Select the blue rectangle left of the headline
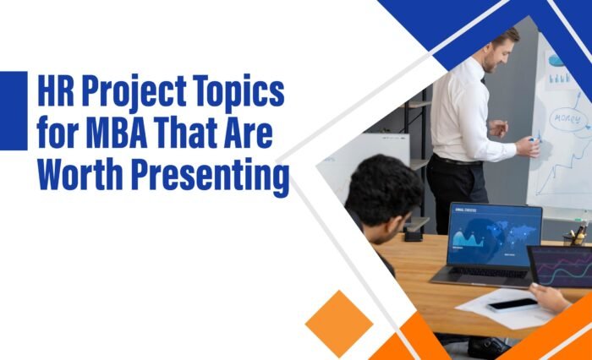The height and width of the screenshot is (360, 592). pos(13,111)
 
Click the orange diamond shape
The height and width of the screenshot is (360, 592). pos(339,324)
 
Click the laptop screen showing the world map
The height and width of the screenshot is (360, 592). pos(494,234)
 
